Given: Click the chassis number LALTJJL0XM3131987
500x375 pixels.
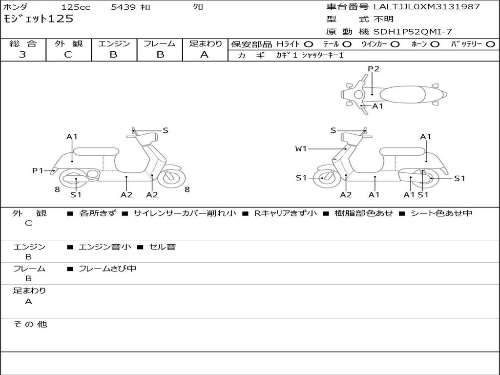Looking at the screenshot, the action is click(426, 7).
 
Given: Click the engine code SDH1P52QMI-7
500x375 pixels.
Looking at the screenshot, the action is click(413, 32).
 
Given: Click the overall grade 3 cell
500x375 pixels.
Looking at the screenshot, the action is click(22, 55).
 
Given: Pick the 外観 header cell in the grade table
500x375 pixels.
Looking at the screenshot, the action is click(68, 43).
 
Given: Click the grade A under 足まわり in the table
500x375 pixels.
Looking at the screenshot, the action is click(204, 55).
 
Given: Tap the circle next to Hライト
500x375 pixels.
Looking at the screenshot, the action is click(309, 44).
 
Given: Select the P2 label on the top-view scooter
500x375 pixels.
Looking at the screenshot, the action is click(374, 69).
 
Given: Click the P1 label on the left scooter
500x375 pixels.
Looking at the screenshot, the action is click(38, 170).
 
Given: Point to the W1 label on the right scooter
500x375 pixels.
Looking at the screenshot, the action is click(301, 148).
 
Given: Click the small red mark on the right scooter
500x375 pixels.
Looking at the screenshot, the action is click(334, 160).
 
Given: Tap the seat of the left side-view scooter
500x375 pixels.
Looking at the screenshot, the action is click(96, 150).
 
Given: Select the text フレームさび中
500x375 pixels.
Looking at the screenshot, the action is click(107, 269).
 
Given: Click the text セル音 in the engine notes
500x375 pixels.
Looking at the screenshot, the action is click(162, 247).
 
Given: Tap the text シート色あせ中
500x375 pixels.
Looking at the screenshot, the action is click(441, 213).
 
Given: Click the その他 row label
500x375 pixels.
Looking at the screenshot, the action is click(30, 324).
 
